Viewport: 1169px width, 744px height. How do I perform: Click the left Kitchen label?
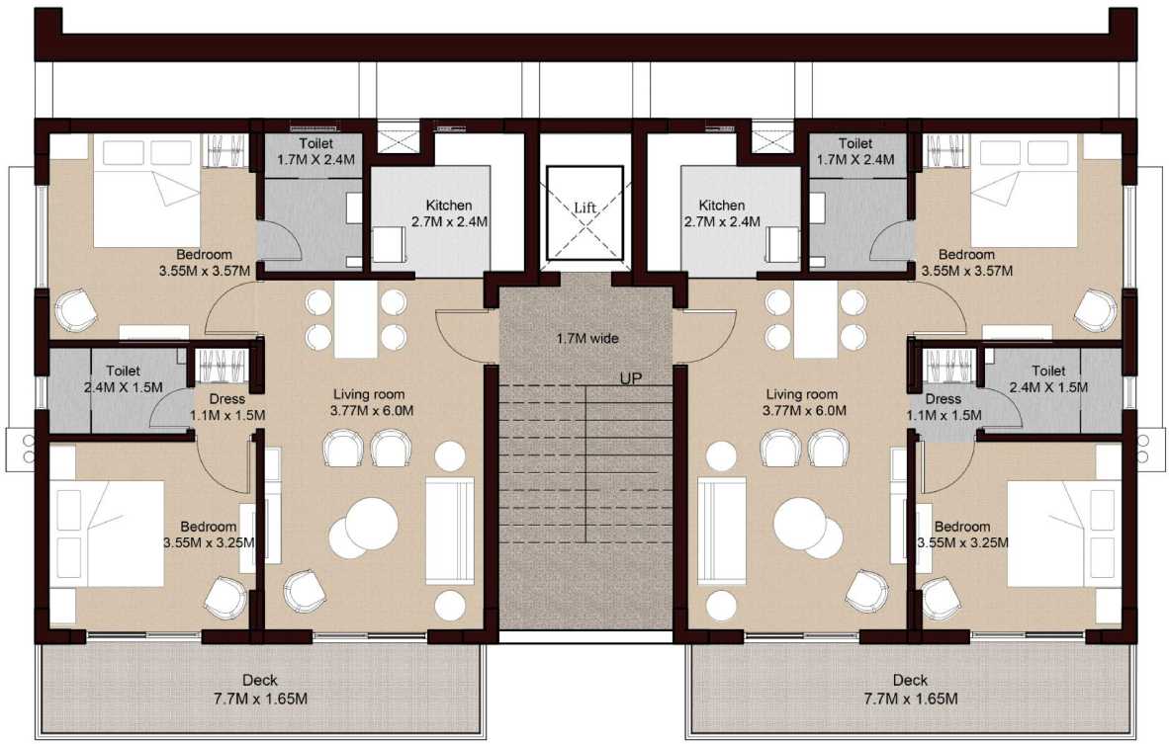point(450,205)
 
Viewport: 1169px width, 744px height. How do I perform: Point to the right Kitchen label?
point(722,205)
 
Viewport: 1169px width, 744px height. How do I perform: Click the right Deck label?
point(910,680)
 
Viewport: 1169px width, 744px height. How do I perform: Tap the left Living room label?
point(369,393)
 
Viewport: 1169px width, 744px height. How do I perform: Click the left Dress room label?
point(227,398)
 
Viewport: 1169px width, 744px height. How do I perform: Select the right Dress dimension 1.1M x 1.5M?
point(944,415)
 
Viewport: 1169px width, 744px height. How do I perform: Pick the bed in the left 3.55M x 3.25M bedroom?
point(109,535)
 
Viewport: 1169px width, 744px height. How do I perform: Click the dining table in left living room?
point(356,319)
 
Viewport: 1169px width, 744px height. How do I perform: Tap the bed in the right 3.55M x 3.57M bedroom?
point(1024,207)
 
